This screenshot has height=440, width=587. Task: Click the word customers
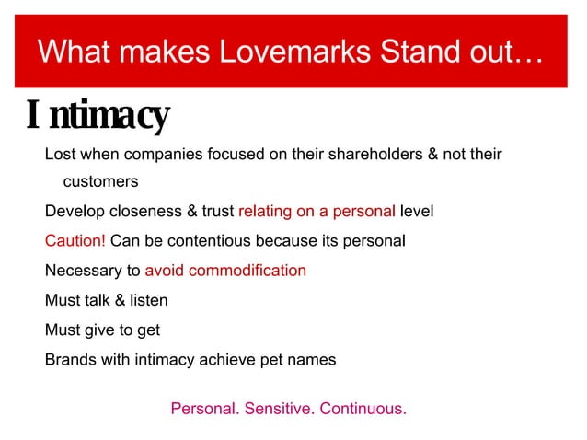pyautogui.click(x=100, y=182)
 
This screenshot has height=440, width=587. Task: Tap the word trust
pyautogui.click(x=216, y=212)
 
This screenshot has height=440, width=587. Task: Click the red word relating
pyautogui.click(x=265, y=212)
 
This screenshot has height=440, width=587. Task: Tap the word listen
pyautogui.click(x=148, y=300)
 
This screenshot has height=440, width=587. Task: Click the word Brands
pyautogui.click(x=71, y=359)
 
